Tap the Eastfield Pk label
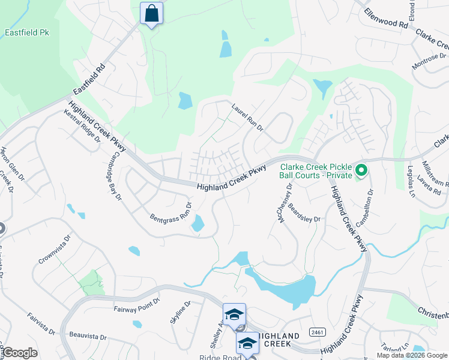click(26, 32)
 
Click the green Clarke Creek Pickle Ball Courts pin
click(361, 172)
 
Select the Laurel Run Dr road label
click(248, 117)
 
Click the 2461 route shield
click(318, 332)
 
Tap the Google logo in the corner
click(20, 353)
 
